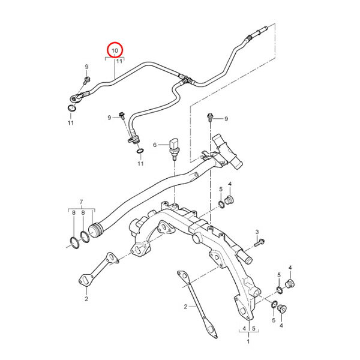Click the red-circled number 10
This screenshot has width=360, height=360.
[x=115, y=50]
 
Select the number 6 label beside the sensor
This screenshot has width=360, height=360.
[x=155, y=145]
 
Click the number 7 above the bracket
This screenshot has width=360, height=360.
[x=81, y=202]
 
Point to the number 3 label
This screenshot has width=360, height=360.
[x=257, y=232]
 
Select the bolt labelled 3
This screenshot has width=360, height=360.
[x=259, y=242]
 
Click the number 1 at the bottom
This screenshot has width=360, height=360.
[x=248, y=341]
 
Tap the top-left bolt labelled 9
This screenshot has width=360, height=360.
[x=87, y=80]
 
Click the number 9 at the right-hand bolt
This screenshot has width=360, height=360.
[x=226, y=119]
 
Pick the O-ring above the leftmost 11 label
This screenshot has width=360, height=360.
[x=72, y=108]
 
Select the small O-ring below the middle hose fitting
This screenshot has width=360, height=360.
[x=140, y=151]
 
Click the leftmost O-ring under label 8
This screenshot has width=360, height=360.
[x=74, y=243]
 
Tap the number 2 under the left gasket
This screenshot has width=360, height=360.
[x=86, y=299]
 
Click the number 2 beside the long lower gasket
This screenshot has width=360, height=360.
[x=185, y=307]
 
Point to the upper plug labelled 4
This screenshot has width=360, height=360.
[x=228, y=200]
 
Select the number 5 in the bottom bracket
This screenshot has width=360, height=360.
[x=254, y=328]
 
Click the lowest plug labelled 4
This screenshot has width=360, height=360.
[x=281, y=309]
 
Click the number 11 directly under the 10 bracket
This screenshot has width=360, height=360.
[x=119, y=62]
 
